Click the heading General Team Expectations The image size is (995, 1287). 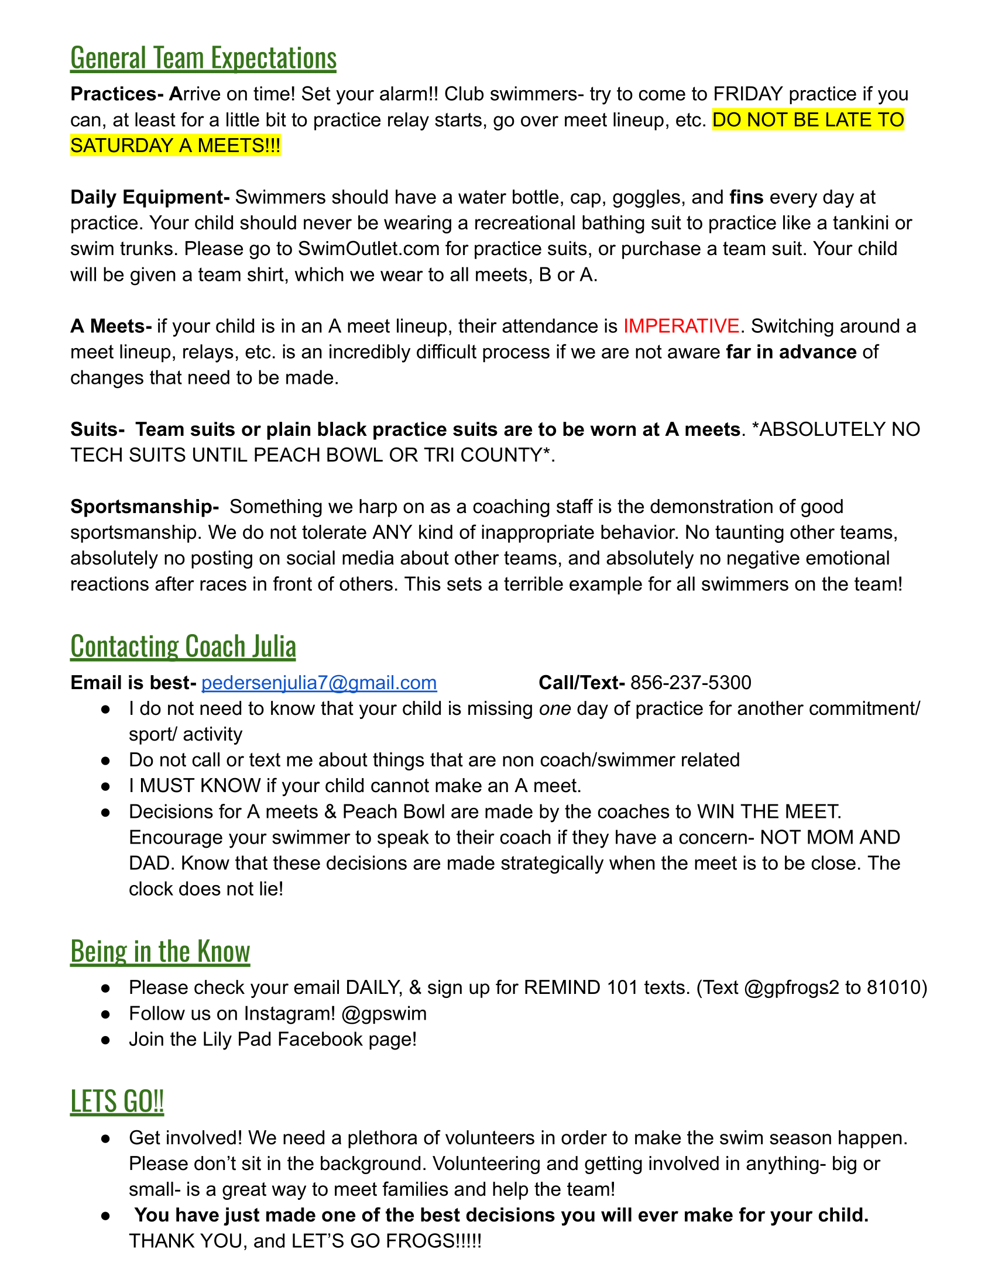203,58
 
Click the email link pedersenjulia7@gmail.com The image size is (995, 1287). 319,682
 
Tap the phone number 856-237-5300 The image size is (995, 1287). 690,682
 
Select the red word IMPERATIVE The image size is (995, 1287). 681,326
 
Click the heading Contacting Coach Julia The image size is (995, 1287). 183,646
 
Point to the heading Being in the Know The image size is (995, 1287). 160,952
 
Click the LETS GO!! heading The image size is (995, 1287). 116,1101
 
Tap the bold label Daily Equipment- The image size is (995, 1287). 150,197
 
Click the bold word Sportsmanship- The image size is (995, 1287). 145,506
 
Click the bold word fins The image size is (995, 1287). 746,197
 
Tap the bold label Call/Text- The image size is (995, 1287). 581,682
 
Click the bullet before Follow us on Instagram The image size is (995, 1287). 105,1014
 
